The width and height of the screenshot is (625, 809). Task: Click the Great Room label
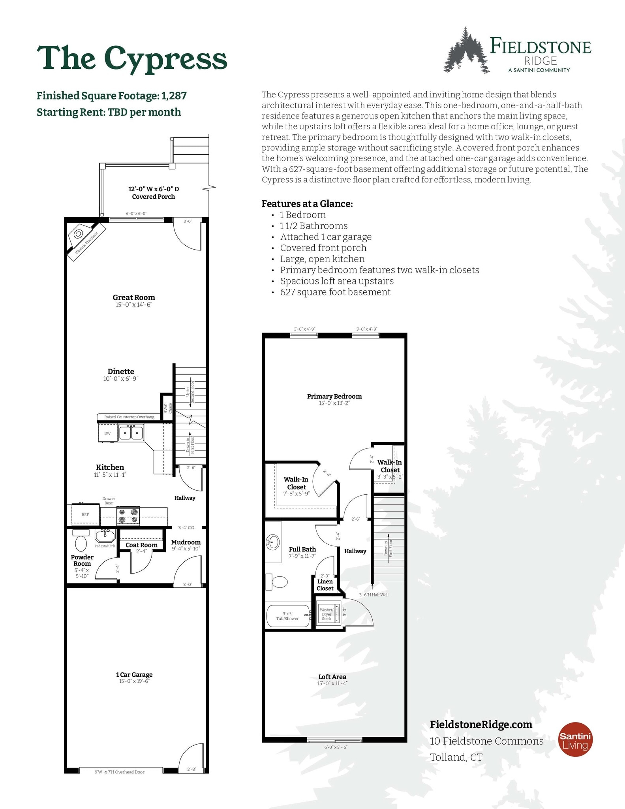tap(133, 297)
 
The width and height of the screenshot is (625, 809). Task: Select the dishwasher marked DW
tap(107, 433)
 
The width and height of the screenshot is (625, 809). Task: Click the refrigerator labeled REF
tap(85, 515)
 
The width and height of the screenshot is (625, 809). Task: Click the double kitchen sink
tap(131, 433)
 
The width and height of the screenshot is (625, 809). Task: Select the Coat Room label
tap(141, 545)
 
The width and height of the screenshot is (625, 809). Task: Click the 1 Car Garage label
tap(134, 675)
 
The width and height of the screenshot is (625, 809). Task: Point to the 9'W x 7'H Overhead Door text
tap(119, 772)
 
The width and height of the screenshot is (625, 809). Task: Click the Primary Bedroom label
tap(334, 396)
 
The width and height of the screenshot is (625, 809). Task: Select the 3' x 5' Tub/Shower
tap(288, 616)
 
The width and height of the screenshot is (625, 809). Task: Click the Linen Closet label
tap(325, 585)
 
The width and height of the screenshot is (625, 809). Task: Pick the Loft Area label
tap(332, 677)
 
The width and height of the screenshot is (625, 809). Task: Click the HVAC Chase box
tap(167, 407)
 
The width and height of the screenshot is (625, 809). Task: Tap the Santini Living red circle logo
tap(575, 739)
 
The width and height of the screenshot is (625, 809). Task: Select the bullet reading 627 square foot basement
tap(335, 292)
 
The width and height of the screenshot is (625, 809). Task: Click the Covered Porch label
tap(153, 197)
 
